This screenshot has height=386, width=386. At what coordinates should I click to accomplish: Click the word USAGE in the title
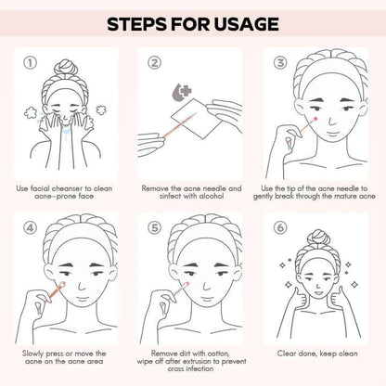click(x=246, y=24)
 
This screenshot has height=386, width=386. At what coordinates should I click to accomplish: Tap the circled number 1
click(x=31, y=63)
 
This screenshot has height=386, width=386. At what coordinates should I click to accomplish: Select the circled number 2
click(x=154, y=63)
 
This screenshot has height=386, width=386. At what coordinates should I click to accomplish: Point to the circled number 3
click(x=280, y=63)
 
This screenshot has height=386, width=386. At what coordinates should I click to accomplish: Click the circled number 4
click(x=31, y=228)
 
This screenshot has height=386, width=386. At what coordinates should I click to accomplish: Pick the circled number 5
click(x=154, y=228)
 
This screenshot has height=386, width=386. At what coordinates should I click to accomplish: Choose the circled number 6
click(x=280, y=228)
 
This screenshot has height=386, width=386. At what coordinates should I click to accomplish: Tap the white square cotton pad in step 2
click(x=197, y=119)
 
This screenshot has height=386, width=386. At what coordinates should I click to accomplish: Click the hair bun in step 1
click(x=65, y=68)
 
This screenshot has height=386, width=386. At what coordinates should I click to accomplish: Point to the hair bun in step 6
click(x=317, y=238)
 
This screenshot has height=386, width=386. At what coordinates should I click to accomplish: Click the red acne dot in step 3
click(x=315, y=119)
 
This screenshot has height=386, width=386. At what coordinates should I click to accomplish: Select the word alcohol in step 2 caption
click(x=212, y=196)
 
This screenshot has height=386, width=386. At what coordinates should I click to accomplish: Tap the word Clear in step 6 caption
click(x=287, y=354)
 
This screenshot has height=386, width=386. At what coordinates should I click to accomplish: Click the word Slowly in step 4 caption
click(x=32, y=354)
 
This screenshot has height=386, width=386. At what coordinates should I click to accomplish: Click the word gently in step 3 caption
click(x=263, y=196)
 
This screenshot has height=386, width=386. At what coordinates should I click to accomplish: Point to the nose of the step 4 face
click(x=82, y=285)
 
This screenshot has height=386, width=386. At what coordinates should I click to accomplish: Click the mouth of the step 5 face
click(x=207, y=300)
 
